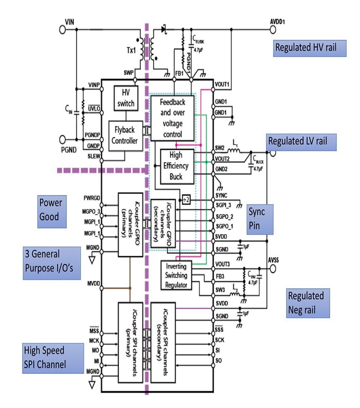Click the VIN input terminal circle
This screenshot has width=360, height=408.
coord(63,29)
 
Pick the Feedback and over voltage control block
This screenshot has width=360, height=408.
coord(172,117)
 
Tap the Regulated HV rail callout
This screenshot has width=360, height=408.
coord(307,47)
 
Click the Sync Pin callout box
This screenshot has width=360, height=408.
coord(259,219)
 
